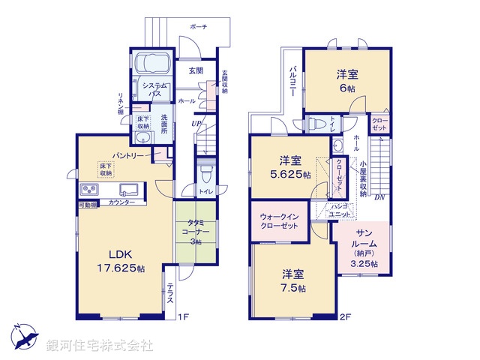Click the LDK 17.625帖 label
(116, 260)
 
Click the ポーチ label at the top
(199, 26)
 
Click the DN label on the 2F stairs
(380, 198)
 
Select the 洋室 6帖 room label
(346, 80)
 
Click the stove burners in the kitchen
(89, 189)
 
